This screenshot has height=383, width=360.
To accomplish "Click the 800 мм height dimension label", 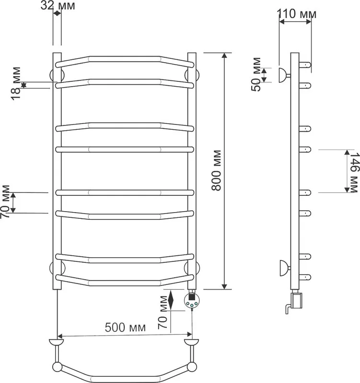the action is (216, 170).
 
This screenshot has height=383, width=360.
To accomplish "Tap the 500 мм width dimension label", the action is (125, 327).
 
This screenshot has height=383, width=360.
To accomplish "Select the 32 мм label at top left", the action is (58, 5).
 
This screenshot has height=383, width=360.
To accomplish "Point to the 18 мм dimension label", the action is (16, 83).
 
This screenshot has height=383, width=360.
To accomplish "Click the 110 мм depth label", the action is (296, 14).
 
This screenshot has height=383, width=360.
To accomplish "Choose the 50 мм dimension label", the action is (256, 75).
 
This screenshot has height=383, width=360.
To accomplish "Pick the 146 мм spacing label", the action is (354, 173).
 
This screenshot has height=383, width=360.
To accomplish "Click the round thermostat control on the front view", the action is (192, 301).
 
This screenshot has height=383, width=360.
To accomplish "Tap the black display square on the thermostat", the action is (191, 297).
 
